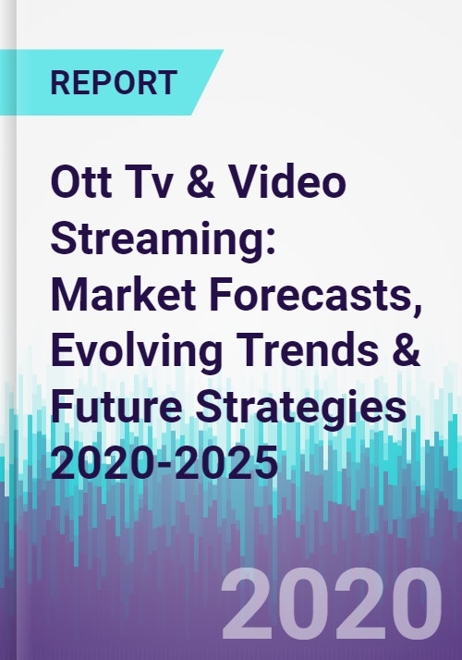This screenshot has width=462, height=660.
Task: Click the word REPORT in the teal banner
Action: tap(114, 82)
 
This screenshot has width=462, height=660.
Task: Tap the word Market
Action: tap(123, 295)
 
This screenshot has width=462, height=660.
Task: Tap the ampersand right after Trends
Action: tap(405, 352)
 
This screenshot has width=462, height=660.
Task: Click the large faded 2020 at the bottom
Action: tap(332, 604)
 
